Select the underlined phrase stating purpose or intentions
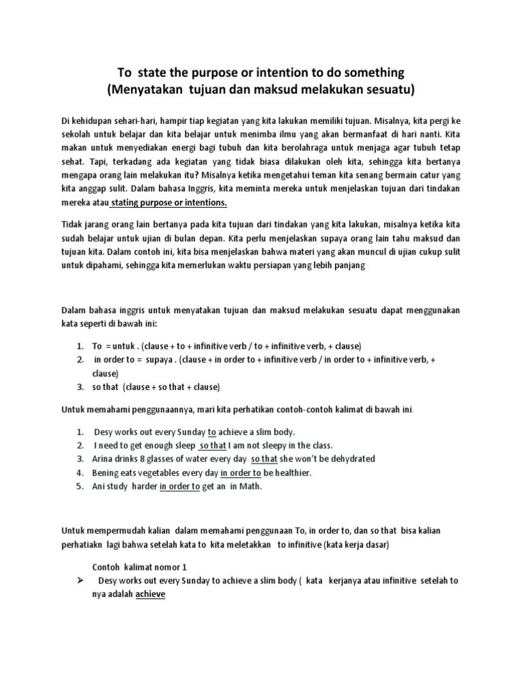point(169,203)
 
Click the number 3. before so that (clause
point(80,387)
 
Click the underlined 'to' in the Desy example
point(211,432)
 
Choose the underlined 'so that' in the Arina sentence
point(264,459)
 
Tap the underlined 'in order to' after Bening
point(241,472)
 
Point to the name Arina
point(103,459)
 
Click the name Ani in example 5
point(99,486)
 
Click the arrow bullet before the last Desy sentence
point(80,581)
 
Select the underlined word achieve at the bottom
point(150,594)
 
